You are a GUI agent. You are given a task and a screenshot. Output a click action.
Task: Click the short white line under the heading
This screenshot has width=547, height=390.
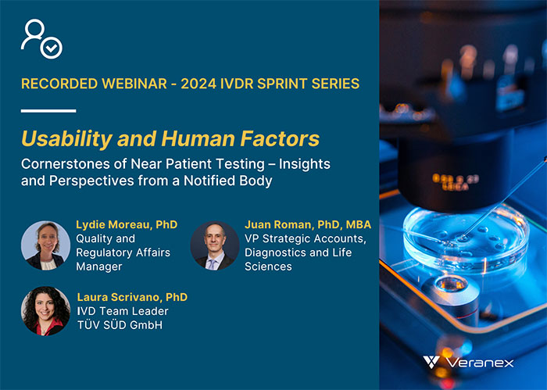pos(48,110)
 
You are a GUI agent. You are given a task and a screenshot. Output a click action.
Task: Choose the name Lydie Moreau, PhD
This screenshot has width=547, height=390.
pos(127,225)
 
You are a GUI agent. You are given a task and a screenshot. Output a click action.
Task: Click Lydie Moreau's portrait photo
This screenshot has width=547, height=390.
pos(45,245)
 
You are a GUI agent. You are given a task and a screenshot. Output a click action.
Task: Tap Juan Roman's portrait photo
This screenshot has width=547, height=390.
pos(215,245)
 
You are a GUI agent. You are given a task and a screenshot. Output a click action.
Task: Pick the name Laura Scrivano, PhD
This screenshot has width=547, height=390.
pos(132,297)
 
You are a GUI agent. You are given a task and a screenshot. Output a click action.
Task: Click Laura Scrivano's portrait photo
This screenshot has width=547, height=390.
pos(45,311)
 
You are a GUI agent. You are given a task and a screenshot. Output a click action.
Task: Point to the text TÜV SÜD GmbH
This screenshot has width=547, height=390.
pos(120,325)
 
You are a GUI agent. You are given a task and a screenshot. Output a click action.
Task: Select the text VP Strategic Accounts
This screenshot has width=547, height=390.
pos(302,239)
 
